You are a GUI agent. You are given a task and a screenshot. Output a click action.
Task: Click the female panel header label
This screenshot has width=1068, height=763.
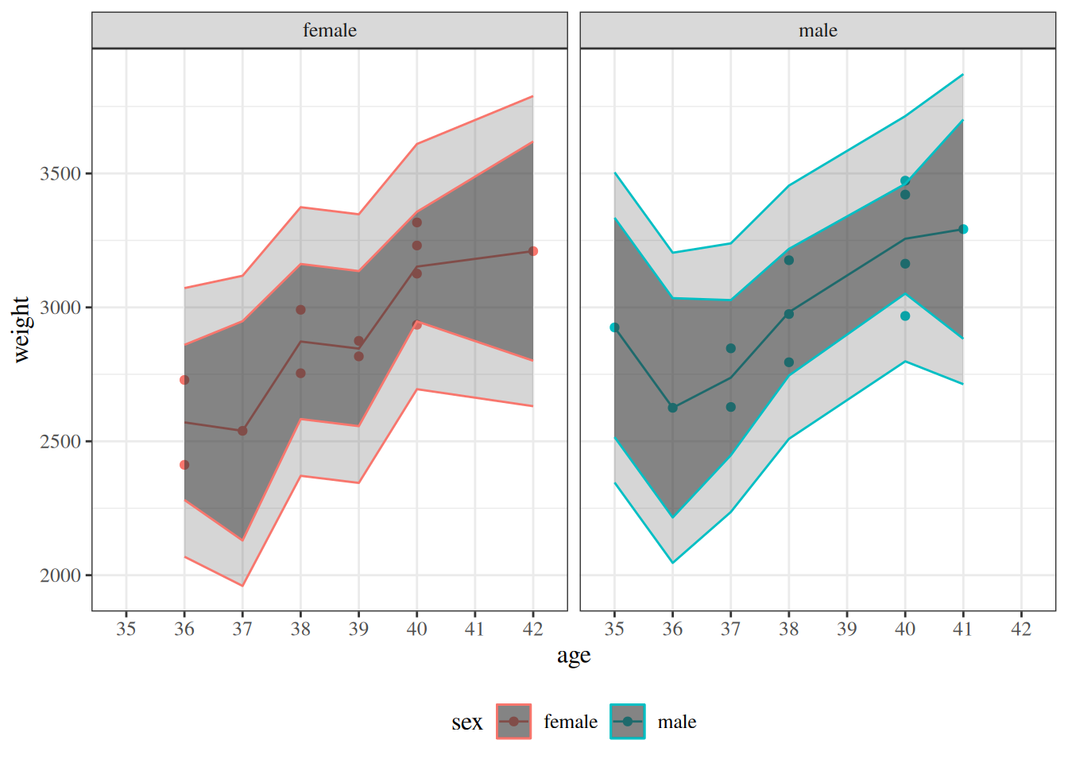330,30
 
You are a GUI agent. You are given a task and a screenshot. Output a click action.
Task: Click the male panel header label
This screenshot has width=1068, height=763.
818,30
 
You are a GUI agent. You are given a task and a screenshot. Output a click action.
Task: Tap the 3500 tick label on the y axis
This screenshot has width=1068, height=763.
60,174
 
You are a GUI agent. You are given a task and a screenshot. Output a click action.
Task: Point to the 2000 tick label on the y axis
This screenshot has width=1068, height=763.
60,575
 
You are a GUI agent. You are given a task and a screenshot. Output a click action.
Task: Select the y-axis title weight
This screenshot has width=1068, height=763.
21,329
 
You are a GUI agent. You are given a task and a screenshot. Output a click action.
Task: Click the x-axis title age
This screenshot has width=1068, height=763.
574,656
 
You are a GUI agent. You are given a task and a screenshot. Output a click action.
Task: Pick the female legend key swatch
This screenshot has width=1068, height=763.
513,722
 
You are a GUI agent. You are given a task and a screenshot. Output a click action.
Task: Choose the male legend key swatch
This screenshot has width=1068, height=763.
628,722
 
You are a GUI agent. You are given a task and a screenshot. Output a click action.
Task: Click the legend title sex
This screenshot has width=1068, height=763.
467,722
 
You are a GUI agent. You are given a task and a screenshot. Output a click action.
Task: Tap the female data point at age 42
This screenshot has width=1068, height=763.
533,251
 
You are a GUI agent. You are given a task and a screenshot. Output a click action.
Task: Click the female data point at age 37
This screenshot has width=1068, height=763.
242,431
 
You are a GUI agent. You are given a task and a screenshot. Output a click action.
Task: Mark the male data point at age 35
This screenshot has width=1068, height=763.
614,327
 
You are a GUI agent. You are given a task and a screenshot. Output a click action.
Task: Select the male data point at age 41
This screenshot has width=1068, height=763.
963,229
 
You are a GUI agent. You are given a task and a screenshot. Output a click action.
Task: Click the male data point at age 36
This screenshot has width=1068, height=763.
673,408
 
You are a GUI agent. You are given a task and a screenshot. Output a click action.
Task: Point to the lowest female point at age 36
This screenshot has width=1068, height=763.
184,465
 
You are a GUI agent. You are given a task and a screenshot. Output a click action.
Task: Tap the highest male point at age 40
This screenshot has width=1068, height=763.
905,180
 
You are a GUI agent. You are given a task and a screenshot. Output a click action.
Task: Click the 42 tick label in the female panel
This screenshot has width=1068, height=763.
532,629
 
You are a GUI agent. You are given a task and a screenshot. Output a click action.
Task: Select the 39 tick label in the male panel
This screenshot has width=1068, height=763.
847,629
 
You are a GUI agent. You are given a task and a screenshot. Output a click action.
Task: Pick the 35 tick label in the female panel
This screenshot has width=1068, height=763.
126,629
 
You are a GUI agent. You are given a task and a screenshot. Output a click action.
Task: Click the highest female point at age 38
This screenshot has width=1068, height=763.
300,310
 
